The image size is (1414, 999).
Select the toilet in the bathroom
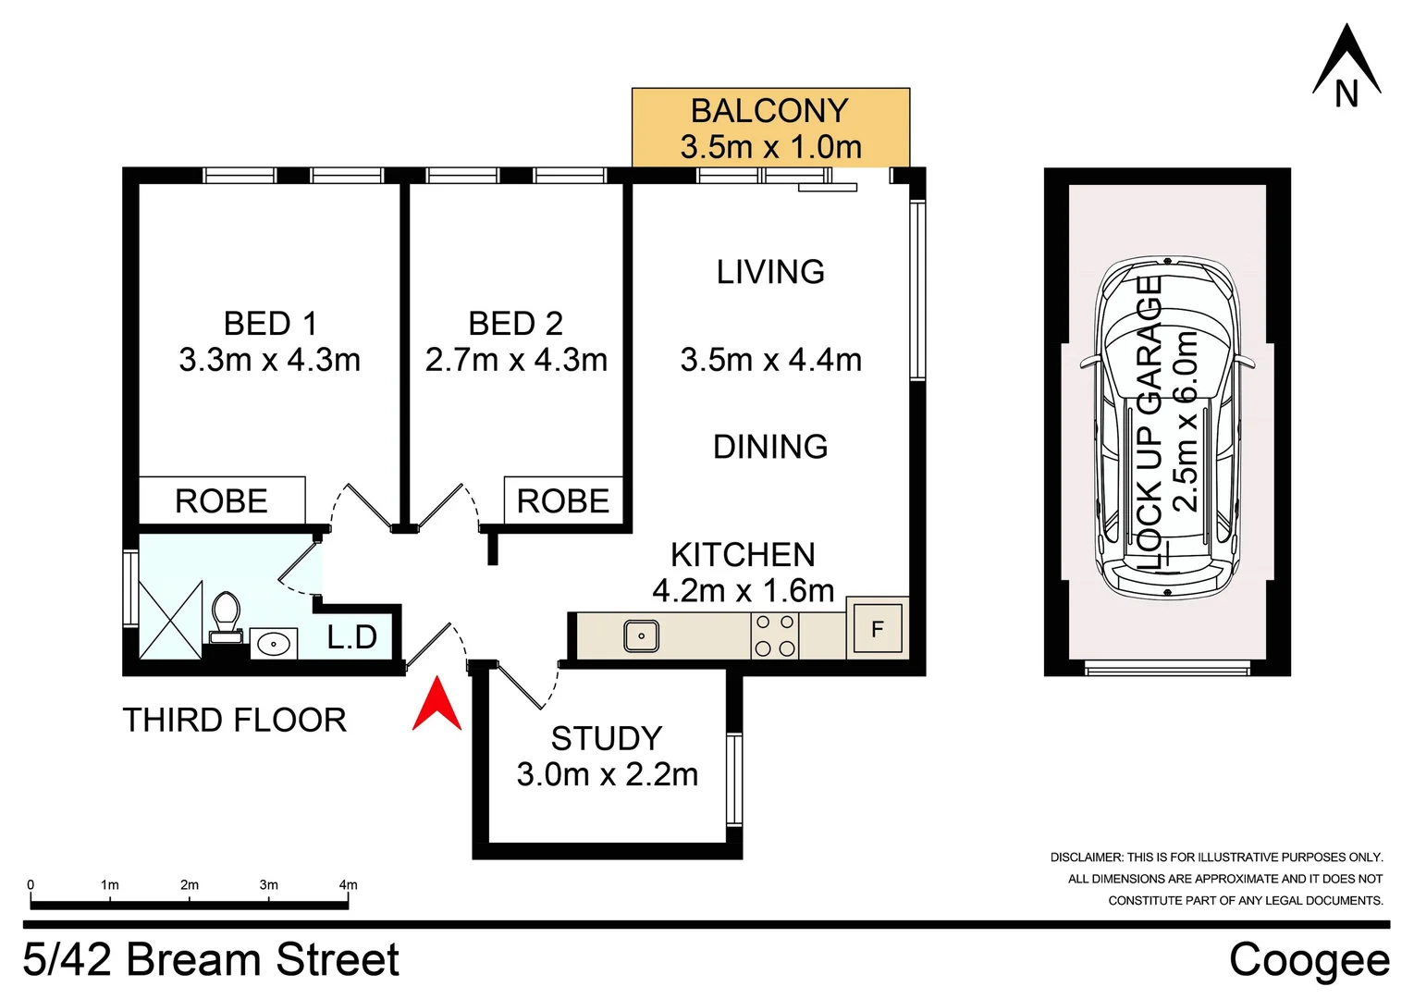click(226, 617)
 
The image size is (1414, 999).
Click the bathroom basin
click(274, 643)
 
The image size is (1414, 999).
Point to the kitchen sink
click(641, 636)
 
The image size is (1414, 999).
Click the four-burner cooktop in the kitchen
click(775, 635)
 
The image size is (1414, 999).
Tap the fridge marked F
click(877, 630)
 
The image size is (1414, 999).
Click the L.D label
click(352, 637)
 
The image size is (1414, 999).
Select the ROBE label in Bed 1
click(221, 501)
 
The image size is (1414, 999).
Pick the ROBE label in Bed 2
click(562, 501)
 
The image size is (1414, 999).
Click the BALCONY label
click(769, 111)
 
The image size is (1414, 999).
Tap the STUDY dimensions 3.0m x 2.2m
click(608, 775)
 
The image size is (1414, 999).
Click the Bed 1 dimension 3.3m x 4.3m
click(269, 360)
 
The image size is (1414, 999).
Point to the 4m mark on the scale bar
click(348, 885)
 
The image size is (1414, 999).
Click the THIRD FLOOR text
click(235, 720)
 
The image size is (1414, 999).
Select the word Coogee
click(1309, 960)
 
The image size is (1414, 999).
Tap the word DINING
click(770, 447)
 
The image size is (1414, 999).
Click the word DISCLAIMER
click(1086, 857)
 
